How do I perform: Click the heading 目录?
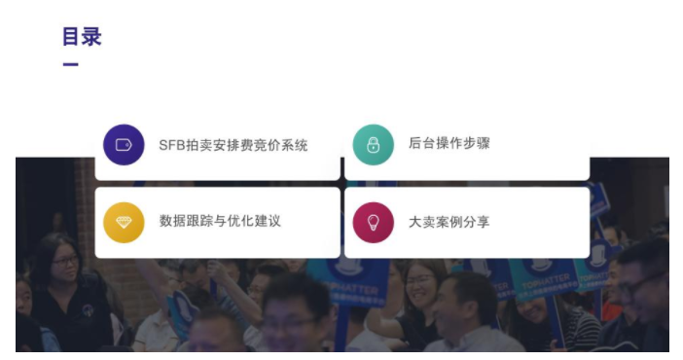coord(82,37)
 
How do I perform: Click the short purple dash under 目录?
coord(70,65)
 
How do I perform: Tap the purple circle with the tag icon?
coord(124,145)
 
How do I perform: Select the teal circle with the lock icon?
coord(373,145)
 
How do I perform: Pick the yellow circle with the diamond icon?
coord(124,222)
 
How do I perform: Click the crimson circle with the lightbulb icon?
coord(373,222)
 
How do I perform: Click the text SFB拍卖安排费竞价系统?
coord(234,145)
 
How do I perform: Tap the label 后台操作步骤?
coord(449,144)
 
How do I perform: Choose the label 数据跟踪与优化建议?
coord(220,222)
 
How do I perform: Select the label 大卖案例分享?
coord(449,222)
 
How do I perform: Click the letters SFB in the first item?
coord(171,145)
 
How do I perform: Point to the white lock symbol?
coord(373,145)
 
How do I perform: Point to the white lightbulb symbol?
coord(373,222)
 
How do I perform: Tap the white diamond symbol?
coord(124,222)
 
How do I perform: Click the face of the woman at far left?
coord(63,263)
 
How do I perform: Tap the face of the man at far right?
coord(646,283)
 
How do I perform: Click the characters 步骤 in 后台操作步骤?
coord(477,144)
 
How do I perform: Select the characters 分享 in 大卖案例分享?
coord(477,222)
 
